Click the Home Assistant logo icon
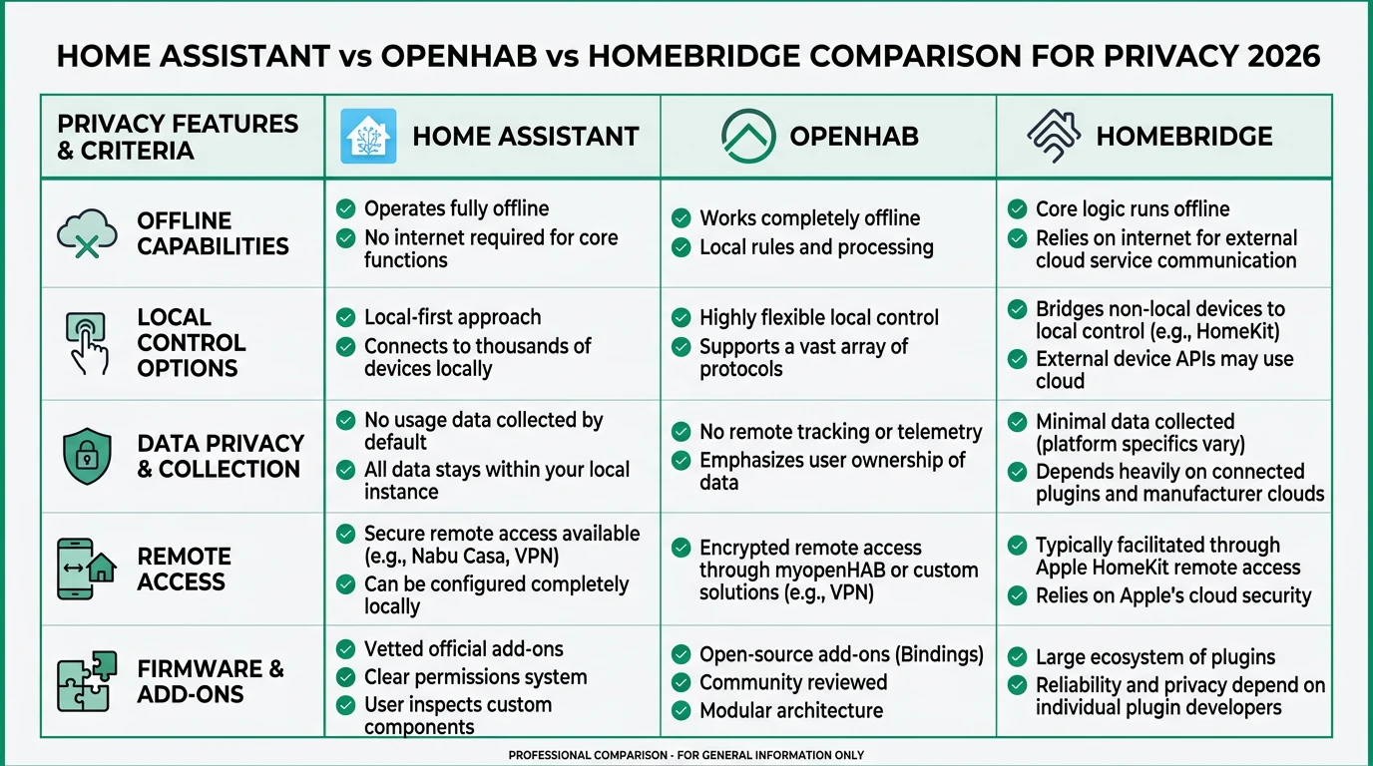click(368, 137)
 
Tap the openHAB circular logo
click(748, 137)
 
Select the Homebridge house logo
click(1055, 137)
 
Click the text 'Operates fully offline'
click(456, 208)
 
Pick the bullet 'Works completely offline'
click(809, 218)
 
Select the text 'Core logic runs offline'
click(1132, 209)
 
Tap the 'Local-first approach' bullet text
click(452, 317)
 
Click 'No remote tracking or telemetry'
click(840, 432)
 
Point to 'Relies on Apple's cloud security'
click(1172, 596)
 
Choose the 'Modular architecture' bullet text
click(790, 711)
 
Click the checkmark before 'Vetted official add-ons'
click(345, 649)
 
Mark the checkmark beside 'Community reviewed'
click(682, 683)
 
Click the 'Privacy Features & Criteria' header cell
click(179, 138)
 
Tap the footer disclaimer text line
click(686, 755)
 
